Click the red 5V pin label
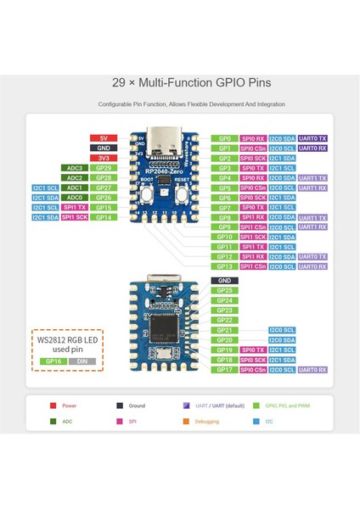[x=103, y=137]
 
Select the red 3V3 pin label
[x=103, y=158]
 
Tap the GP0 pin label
[x=225, y=138]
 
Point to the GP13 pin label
[x=225, y=266]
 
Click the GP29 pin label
[x=103, y=168]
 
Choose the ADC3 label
[x=74, y=168]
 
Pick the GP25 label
[x=225, y=290]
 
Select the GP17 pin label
[x=225, y=369]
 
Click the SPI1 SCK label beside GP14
[x=74, y=217]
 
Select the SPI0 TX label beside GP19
[x=253, y=350]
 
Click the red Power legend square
[x=53, y=406]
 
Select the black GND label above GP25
[x=225, y=280]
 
